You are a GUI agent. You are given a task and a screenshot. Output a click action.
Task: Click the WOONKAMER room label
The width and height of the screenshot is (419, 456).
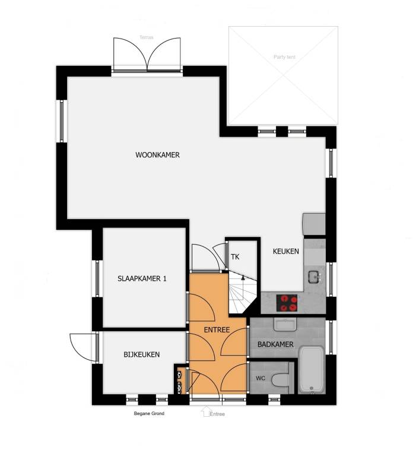[157, 155]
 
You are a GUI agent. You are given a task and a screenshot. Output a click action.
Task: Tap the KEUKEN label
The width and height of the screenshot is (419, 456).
[285, 251]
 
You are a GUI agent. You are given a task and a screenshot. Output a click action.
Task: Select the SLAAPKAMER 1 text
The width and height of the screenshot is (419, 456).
[142, 278]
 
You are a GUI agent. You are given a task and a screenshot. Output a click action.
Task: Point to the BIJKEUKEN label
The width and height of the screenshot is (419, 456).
[142, 354]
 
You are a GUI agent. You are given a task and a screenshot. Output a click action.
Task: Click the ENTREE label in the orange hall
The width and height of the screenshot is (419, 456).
[217, 330]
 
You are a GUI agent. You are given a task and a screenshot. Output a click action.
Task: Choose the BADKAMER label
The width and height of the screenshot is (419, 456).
[275, 344]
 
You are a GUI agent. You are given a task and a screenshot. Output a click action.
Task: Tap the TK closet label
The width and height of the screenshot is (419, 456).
[235, 257]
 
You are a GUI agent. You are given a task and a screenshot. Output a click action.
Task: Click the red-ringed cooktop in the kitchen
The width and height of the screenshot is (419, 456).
[287, 303]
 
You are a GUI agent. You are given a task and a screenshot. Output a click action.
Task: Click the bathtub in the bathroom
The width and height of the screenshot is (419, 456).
[311, 369]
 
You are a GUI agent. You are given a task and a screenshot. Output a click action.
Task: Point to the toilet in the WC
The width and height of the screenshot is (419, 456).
[280, 379]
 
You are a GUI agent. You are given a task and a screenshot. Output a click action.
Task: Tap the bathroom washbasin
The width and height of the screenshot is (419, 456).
[285, 325]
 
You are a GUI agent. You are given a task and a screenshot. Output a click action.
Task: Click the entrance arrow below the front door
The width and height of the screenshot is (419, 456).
[206, 412]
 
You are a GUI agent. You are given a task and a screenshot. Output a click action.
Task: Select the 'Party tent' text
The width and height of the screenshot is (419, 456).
[284, 57]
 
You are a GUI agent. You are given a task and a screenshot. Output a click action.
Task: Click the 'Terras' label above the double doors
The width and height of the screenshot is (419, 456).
[146, 37]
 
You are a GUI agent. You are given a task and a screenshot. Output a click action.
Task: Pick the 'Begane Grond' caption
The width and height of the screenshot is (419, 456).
[149, 413]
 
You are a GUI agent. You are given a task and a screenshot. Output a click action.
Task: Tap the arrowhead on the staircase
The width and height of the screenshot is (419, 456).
[243, 277]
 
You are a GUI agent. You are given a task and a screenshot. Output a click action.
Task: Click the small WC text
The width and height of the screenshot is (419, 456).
[260, 378]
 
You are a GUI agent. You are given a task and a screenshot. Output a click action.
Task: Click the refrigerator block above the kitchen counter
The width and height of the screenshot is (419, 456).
[314, 224]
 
